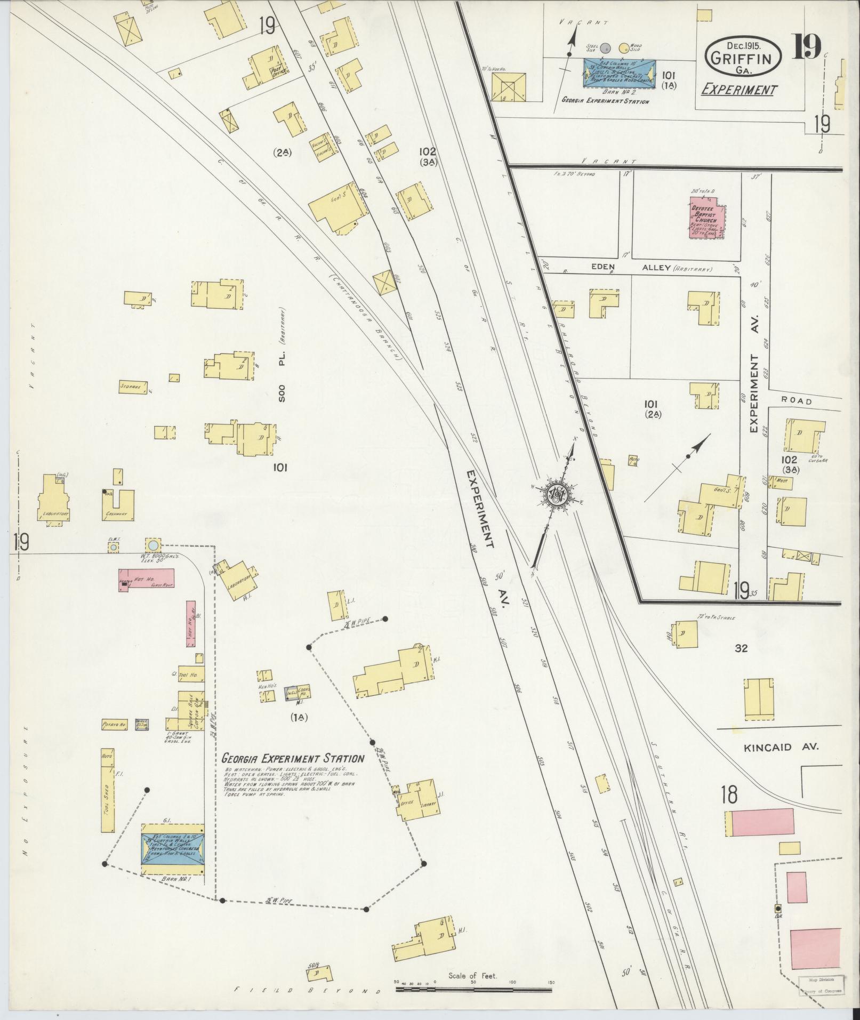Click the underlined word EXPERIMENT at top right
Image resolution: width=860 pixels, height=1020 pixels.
[738, 90]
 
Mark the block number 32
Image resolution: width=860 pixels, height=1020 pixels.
[741, 648]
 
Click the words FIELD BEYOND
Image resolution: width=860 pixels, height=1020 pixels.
[309, 991]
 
